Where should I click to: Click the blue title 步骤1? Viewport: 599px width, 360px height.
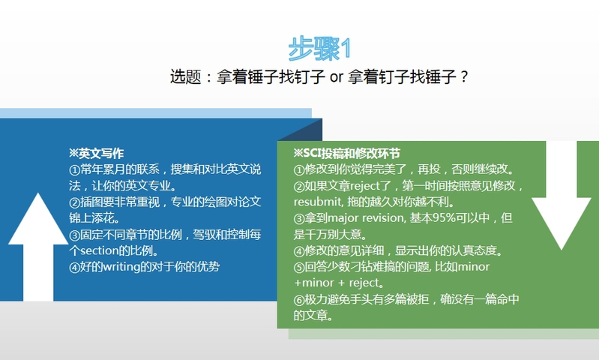point(319,49)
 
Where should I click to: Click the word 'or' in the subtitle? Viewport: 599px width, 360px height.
point(336,77)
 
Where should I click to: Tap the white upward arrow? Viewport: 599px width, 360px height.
point(38,247)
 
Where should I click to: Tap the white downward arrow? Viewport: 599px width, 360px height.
point(562,196)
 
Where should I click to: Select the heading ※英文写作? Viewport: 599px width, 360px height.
point(96,153)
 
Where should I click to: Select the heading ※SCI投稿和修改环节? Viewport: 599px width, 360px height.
point(347,153)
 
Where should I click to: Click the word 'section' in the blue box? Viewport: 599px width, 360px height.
point(99,250)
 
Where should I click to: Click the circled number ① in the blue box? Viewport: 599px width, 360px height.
point(74,169)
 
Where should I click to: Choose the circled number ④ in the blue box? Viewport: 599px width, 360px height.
point(74,267)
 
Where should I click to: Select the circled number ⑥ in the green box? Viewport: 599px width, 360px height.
point(298,299)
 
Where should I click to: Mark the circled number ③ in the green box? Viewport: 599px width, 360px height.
point(298,218)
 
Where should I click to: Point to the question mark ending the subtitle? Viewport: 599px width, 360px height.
point(464,77)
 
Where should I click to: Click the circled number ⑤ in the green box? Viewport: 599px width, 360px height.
point(298,267)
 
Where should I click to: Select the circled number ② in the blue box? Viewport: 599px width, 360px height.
point(74,202)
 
